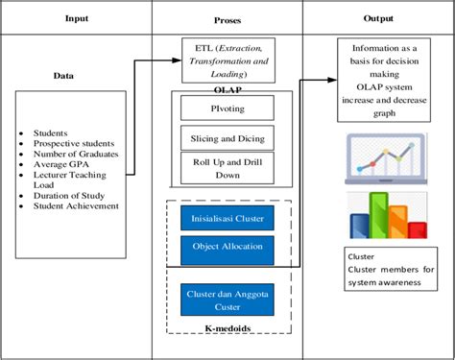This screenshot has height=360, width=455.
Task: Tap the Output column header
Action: [378, 18]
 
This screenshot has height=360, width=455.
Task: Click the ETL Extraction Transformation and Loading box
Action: [227, 60]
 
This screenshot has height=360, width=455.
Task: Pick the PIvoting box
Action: [227, 107]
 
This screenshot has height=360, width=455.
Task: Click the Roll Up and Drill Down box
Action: [227, 168]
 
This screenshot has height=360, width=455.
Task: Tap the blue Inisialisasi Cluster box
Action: [227, 217]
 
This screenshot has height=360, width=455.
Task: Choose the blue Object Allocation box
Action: [227, 248]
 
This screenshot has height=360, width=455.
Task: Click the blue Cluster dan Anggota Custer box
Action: [227, 299]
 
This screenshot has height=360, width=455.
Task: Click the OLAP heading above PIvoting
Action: [227, 87]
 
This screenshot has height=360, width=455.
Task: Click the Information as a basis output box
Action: [385, 81]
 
